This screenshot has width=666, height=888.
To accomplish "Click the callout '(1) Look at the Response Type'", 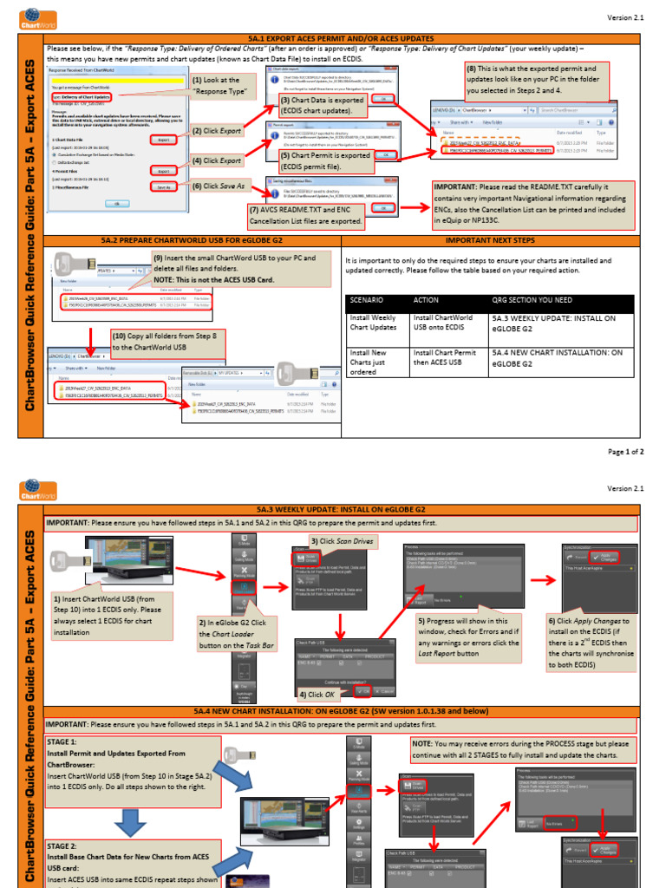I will (221, 86).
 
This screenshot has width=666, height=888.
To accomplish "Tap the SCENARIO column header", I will (368, 300).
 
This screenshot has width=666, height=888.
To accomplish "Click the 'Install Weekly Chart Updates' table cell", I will (374, 323).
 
